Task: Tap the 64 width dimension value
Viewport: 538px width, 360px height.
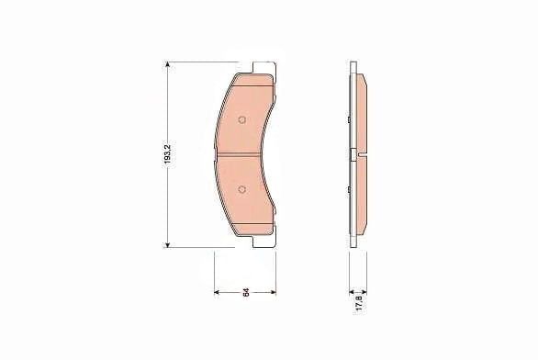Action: [246, 293]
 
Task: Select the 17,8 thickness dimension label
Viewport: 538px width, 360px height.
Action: [359, 302]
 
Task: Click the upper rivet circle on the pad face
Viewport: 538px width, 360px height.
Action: [241, 119]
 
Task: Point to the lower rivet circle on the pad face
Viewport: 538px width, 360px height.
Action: [241, 189]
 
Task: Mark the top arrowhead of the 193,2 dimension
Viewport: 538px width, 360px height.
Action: [167, 65]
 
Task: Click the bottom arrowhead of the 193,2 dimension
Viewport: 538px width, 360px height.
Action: [167, 244]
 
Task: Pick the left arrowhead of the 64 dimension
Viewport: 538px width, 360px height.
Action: [217, 292]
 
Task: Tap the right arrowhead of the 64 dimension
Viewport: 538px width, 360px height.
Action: [273, 292]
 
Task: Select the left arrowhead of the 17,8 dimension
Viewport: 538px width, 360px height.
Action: [352, 292]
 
